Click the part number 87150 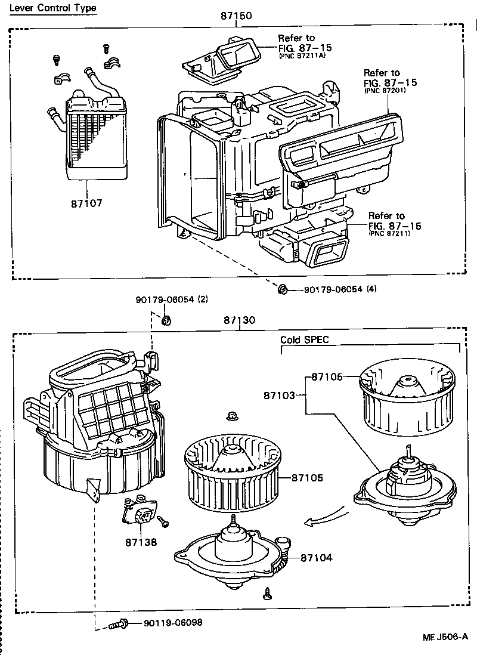[236, 16]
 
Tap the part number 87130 [240, 320]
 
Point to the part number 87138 [141, 542]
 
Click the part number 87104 [316, 558]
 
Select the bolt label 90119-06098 [172, 622]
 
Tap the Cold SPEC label [305, 339]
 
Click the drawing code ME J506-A [447, 637]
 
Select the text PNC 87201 [386, 91]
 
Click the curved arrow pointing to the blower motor [326, 517]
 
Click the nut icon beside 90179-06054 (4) [283, 290]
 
